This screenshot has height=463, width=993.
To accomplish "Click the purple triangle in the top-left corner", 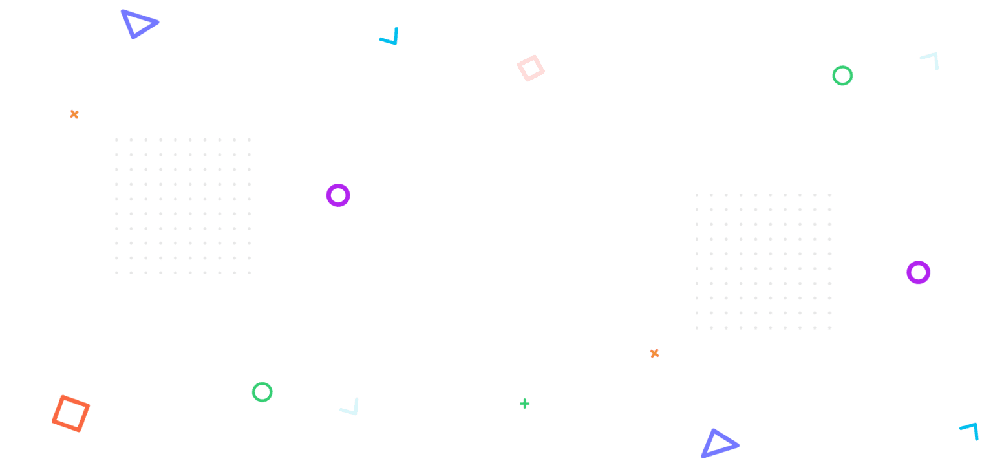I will click(x=138, y=24).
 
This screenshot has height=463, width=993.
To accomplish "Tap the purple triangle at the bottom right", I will click(x=718, y=444).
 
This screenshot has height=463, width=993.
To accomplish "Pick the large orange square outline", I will click(x=71, y=413).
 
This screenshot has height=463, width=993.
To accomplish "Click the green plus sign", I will click(x=525, y=404).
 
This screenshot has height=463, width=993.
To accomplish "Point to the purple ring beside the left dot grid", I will click(x=337, y=195).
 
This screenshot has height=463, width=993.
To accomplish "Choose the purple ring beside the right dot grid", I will click(x=918, y=272).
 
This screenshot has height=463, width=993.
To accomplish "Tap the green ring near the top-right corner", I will click(x=842, y=76).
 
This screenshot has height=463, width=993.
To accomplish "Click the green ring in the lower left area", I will click(x=262, y=392).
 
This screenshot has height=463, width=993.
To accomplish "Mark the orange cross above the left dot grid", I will click(x=74, y=114).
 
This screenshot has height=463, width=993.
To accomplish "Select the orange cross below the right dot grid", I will click(x=654, y=353).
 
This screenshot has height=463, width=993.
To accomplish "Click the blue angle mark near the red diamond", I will click(x=390, y=38).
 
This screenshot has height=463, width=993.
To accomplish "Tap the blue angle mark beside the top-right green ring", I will click(x=931, y=60).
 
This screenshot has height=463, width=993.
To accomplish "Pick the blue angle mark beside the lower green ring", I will click(x=350, y=407).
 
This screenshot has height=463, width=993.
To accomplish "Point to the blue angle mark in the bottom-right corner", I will click(x=970, y=430).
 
